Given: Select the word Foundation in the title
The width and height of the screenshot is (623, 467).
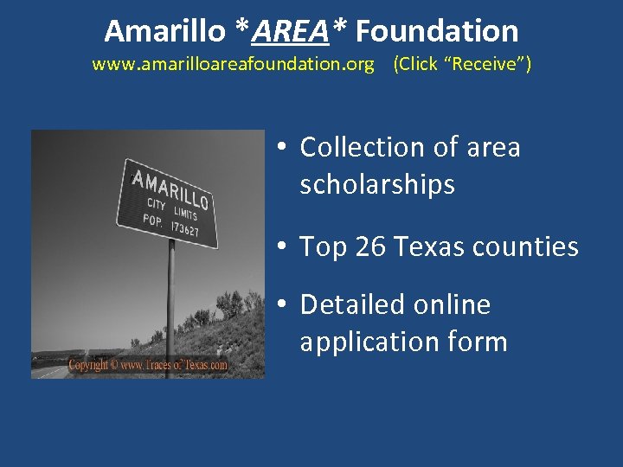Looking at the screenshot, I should pyautogui.click(x=437, y=31).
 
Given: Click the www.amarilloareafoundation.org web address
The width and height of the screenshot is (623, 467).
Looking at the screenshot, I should pyautogui.click(x=234, y=64).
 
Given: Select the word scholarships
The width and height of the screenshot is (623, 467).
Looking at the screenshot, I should pyautogui.click(x=377, y=184).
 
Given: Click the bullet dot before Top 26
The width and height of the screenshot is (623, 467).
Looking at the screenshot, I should pyautogui.click(x=282, y=248).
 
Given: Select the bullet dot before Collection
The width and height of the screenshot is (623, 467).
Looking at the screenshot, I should pyautogui.click(x=282, y=149).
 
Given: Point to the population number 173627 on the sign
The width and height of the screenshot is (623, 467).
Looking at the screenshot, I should pyautogui.click(x=184, y=229).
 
